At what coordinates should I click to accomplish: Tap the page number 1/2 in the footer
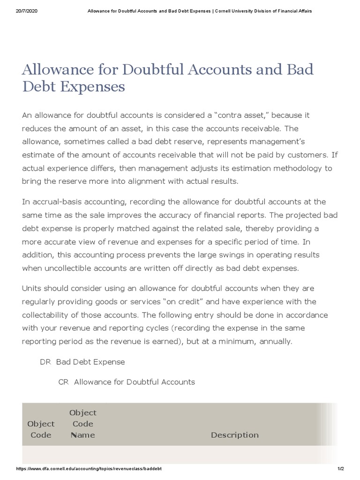pyautogui.click(x=340, y=469)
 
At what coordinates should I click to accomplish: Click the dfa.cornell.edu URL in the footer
pyautogui.click(x=89, y=469)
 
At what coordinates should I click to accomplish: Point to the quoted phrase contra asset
pyautogui.click(x=239, y=115)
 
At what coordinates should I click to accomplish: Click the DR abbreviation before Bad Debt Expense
pyautogui.click(x=45, y=362)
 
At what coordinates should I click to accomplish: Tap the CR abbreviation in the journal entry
pyautogui.click(x=63, y=382)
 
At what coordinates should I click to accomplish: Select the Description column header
pyautogui.click(x=234, y=435)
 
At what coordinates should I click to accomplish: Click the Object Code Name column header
pyautogui.click(x=83, y=424)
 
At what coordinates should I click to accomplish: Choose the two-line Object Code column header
pyautogui.click(x=41, y=429)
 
